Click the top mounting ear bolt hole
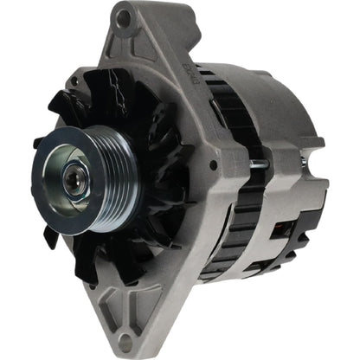tap(124, 17)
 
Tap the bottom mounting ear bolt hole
tap(128, 340)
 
